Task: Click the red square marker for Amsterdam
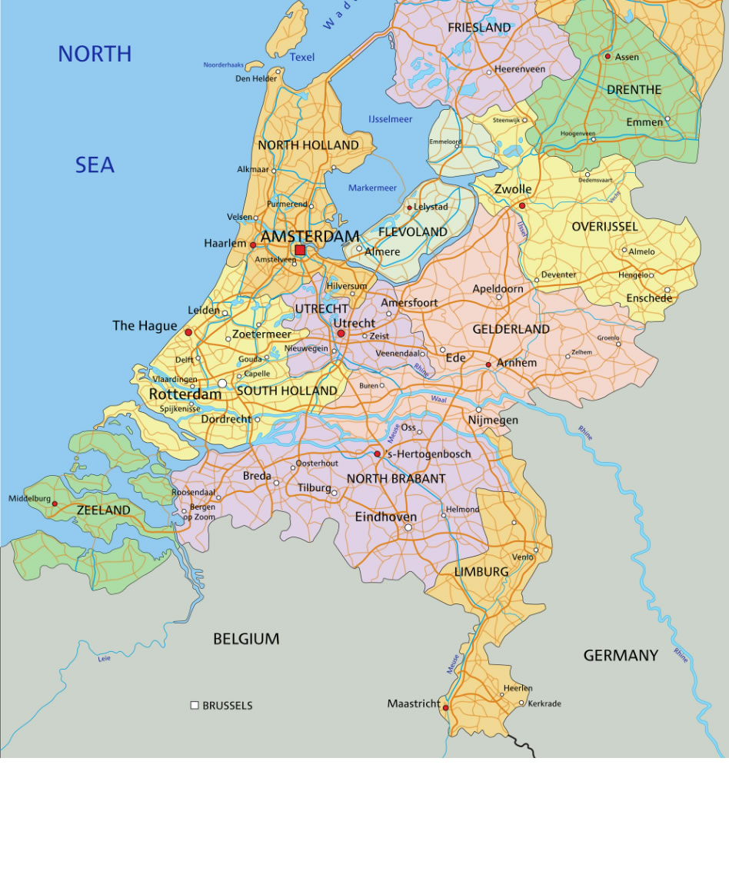pos(300,250)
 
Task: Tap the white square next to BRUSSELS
pos(195,705)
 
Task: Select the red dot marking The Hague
pos(188,332)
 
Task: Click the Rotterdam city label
pos(185,394)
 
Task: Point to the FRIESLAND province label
pos(479,28)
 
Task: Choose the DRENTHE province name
pos(634,90)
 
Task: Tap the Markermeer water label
pos(372,188)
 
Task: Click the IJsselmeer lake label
pos(390,119)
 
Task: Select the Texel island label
pos(302,57)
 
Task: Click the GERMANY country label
pos(621,656)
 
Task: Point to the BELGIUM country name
pos(246,639)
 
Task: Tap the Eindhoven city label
pos(385,517)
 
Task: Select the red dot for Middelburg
pos(55,504)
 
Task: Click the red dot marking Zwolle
pos(522,205)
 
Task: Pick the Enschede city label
pos(648,298)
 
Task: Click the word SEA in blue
pos(95,165)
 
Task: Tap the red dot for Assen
pos(607,56)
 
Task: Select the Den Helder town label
pos(256,78)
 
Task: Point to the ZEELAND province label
pos(103,510)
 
